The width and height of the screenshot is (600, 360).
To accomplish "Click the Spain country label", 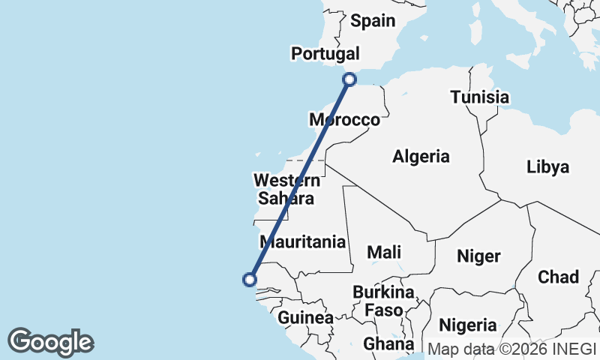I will [372, 21].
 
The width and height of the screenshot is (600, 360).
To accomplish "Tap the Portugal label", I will [325, 54].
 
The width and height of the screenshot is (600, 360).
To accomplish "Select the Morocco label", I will [345, 120].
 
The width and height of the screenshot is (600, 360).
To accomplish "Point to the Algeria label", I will [421, 157].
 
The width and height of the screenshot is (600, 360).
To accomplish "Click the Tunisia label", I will [479, 97].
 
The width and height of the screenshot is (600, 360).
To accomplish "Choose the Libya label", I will [547, 166].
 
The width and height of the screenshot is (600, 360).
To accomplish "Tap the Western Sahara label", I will [286, 189].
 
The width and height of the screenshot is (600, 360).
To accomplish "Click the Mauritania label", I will [302, 241].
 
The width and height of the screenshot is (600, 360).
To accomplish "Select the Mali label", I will [383, 252].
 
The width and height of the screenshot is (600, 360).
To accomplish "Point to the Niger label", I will [478, 256].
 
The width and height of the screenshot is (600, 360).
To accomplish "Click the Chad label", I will [558, 277].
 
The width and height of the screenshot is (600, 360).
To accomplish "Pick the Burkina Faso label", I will [383, 300].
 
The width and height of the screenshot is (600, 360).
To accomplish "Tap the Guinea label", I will [305, 318].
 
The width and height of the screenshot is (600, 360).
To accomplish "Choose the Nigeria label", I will [467, 325].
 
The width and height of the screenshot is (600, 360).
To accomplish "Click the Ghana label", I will [388, 344].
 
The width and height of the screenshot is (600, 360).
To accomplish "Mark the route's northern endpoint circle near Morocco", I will [349, 79].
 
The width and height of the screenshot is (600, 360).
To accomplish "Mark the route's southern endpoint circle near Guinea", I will [250, 280].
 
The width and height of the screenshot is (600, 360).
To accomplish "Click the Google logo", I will [50, 342].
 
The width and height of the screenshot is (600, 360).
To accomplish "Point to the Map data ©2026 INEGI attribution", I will [511, 348].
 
